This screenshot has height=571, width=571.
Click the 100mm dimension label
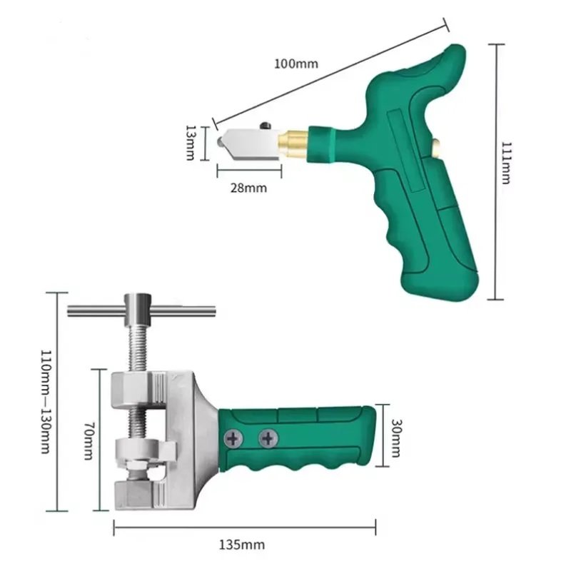click(x=296, y=64)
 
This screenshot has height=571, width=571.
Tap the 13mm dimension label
click(x=191, y=143)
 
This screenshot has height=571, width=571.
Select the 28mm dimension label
click(x=248, y=188)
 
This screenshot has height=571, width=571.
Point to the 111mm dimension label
click(x=507, y=163)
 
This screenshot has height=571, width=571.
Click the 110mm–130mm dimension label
click(x=46, y=402)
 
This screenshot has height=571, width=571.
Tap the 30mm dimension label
click(x=396, y=438)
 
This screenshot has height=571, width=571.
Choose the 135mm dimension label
click(x=242, y=545)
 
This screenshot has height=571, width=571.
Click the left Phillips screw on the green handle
click(x=233, y=438)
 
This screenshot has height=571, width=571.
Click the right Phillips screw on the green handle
click(x=268, y=438)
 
